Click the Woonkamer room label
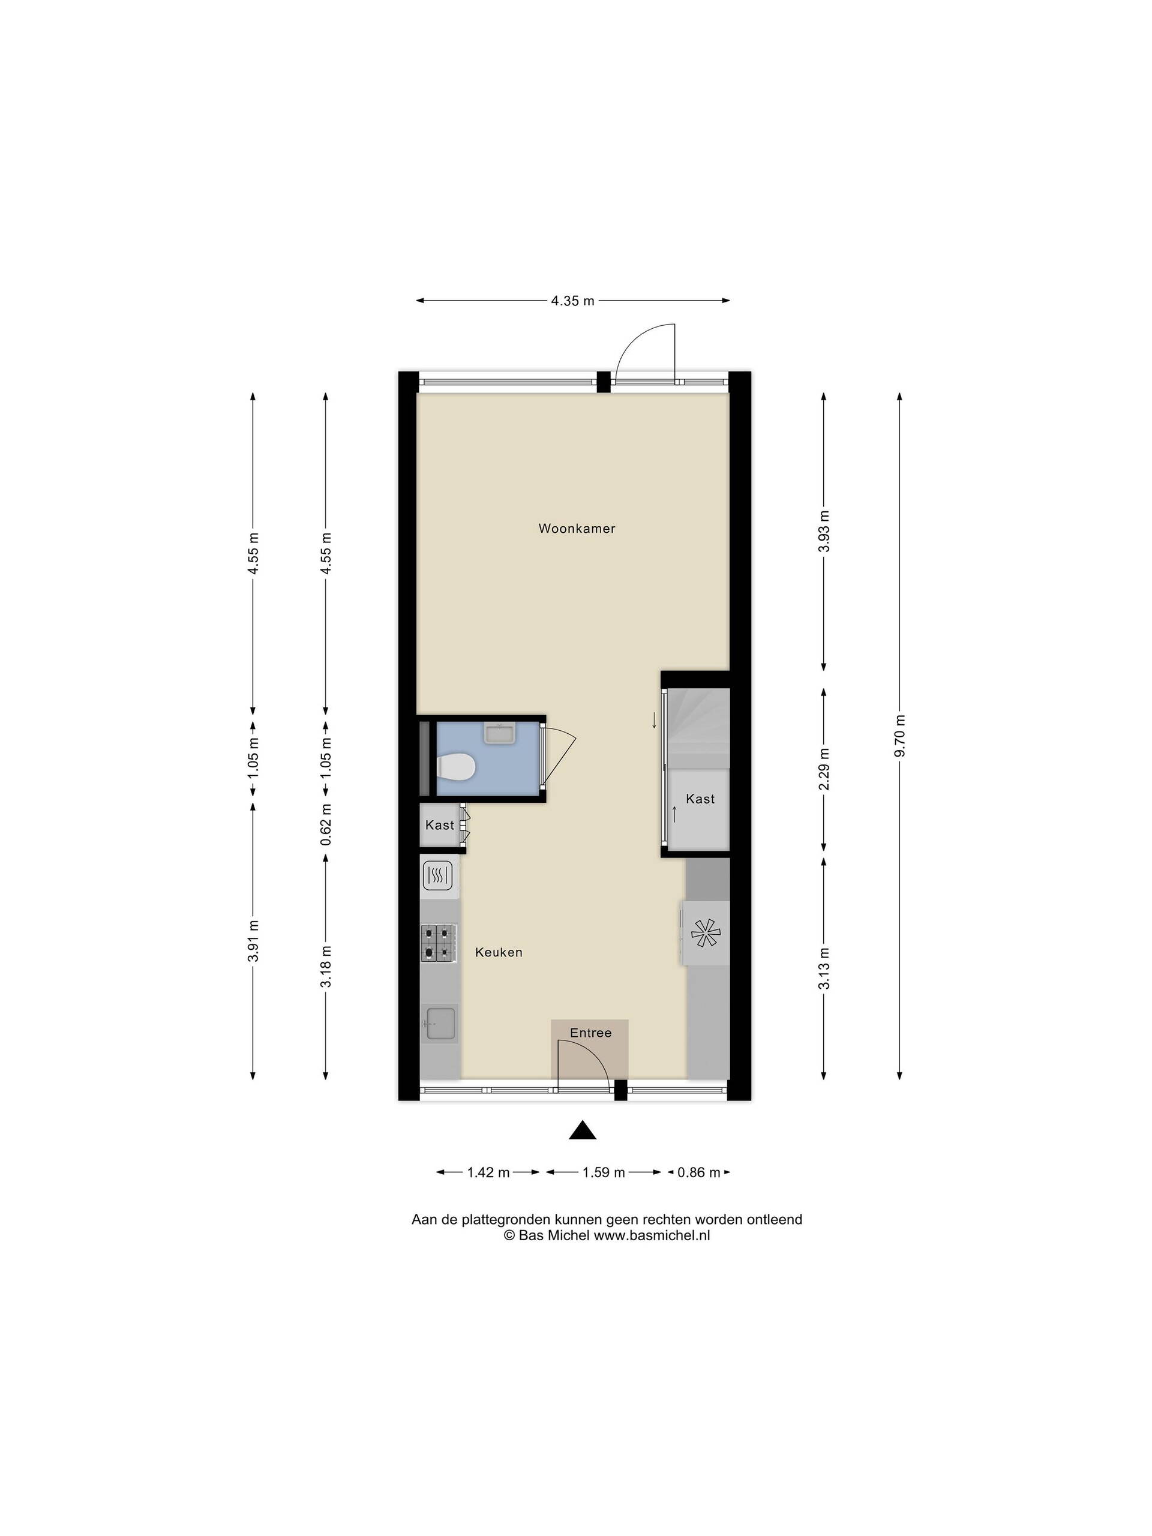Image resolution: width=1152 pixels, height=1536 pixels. click(x=577, y=529)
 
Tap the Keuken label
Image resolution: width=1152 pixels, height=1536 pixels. click(x=499, y=952)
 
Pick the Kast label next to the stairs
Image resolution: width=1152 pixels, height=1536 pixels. click(x=700, y=799)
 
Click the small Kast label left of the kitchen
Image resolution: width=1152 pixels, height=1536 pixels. click(x=440, y=825)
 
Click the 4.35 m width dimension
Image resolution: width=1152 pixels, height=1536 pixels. click(x=573, y=301)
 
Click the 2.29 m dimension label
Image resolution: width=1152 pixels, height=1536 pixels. click(x=824, y=769)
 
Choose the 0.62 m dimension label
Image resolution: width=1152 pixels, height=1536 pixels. click(x=326, y=825)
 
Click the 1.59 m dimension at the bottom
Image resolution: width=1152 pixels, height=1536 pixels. click(x=604, y=1172)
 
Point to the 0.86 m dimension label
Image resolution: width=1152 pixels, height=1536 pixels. click(x=699, y=1172)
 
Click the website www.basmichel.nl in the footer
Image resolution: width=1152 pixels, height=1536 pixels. click(x=652, y=1235)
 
